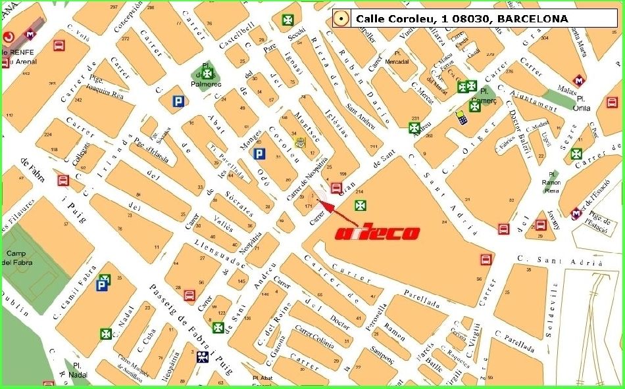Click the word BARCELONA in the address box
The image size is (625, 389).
tap(532, 19)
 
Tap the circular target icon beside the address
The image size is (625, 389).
tap(340, 19)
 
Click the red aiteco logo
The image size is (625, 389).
tap(378, 233)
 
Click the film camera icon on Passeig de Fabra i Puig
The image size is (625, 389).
tap(203, 357)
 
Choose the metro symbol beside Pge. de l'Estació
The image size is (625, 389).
tap(577, 214)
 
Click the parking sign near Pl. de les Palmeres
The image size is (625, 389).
tap(177, 101)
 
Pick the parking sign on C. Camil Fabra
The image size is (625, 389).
tap(102, 285)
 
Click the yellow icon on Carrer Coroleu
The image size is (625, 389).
tap(301, 143)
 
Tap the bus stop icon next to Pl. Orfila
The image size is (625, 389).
tap(612, 103)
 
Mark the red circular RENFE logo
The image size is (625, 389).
tap(10, 37)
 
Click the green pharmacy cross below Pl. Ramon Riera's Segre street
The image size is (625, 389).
tap(576, 154)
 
